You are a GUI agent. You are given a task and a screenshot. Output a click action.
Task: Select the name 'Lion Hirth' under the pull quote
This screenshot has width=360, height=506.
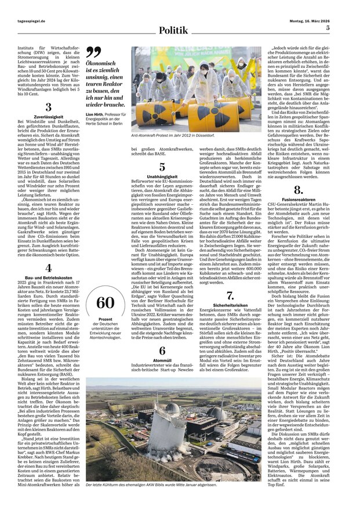coord(96,114)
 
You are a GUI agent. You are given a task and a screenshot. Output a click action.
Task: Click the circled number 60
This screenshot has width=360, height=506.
coord(106,302)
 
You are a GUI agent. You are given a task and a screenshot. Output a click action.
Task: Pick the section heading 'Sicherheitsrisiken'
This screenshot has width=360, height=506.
coord(230,305)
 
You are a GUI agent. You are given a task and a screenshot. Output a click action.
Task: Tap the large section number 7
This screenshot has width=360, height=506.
coord(230,295)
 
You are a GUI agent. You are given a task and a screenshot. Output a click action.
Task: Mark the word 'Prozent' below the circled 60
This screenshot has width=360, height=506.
coord(105,320)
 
